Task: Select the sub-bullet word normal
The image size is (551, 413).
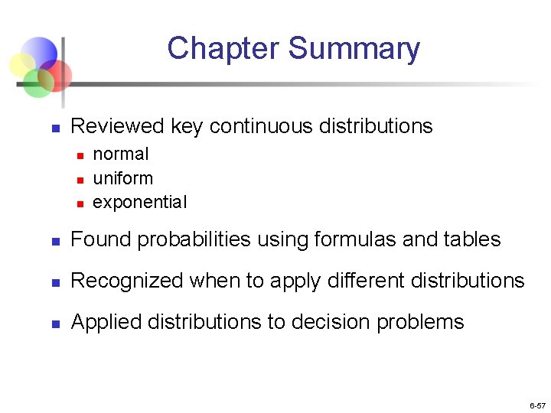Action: (x=121, y=154)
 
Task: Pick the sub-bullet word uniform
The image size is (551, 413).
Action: (x=122, y=178)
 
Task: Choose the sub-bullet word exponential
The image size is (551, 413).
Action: (x=139, y=203)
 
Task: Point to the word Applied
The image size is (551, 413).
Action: (x=101, y=322)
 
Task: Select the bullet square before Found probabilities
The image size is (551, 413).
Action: (x=54, y=241)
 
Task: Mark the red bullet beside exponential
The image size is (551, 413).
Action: (x=79, y=203)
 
